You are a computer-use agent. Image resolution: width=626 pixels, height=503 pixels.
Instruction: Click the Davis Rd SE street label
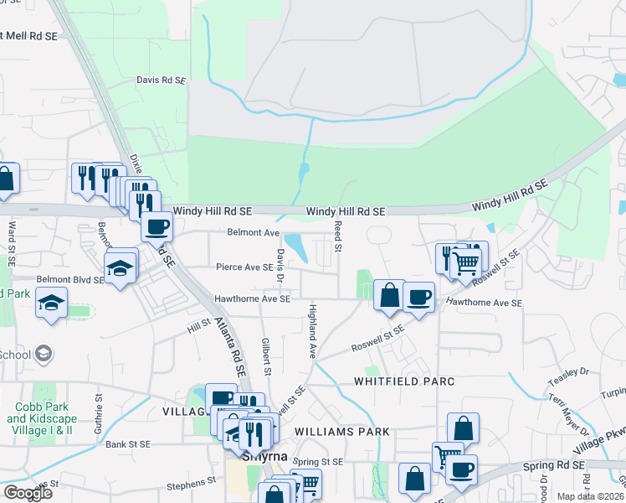pos(161,80)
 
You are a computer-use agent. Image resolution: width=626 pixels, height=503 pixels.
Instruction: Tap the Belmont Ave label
pos(253,232)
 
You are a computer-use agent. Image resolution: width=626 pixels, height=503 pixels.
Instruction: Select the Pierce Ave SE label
pos(244,267)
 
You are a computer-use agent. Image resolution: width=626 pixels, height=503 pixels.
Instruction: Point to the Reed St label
pos(338,237)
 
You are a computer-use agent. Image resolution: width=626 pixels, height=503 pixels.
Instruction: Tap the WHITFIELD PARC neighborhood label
pos(404,381)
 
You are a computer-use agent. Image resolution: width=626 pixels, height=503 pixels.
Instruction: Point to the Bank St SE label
pos(128,444)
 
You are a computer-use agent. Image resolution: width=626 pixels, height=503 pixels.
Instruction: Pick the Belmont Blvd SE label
pos(69,280)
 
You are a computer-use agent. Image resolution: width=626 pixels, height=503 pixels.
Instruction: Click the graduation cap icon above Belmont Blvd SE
pos(121,267)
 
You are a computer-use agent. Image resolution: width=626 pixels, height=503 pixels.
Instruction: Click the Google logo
pos(28,493)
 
